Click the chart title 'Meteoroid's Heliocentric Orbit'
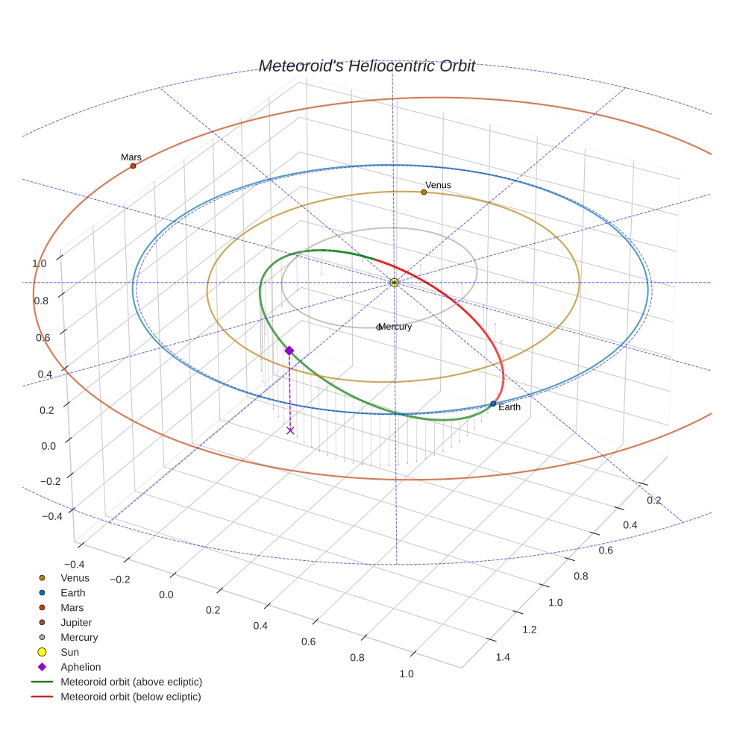366,66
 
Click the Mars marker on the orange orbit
133,166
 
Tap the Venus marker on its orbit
424,192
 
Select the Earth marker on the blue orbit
493,404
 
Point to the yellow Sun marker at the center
395,282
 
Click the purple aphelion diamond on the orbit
289,351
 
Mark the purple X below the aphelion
290,430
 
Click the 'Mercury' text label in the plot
395,327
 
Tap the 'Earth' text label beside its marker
509,407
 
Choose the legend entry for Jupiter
76,622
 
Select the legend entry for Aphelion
81,667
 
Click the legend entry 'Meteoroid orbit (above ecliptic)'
131,682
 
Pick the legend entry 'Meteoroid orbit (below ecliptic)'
131,697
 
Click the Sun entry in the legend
71,652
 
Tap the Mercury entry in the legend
79,637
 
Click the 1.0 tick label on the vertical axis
39,263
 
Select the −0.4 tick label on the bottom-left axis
75,565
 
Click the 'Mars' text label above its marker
131,157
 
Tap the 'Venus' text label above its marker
438,185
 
